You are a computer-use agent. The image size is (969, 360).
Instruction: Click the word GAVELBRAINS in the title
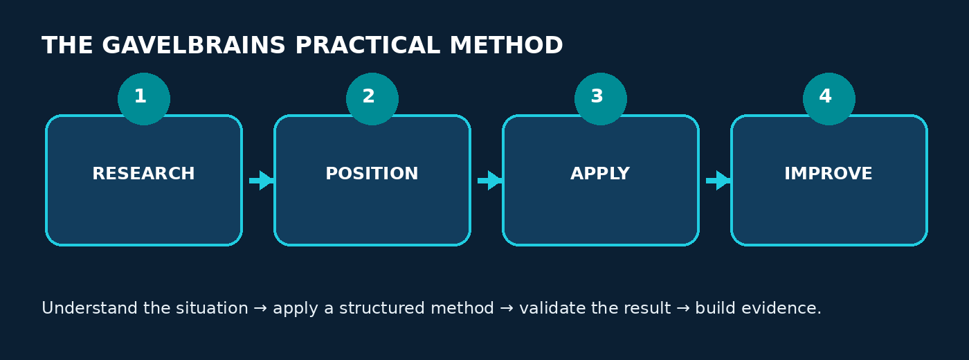193,46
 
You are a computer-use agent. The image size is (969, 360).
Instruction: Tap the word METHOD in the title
506,46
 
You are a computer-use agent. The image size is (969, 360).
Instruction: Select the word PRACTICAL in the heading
368,46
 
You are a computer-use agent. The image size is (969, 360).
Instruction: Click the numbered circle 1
144,99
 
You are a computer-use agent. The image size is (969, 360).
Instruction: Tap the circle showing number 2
372,99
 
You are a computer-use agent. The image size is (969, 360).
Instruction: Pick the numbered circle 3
601,99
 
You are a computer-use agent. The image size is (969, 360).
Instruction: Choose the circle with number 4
829,99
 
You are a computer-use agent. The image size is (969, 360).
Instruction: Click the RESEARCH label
144,174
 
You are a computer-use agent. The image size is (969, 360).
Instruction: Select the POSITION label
372,174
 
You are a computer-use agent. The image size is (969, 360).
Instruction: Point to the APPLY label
601,174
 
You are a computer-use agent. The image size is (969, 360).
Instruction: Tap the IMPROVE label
828,174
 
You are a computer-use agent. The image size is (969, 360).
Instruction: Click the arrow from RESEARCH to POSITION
262,181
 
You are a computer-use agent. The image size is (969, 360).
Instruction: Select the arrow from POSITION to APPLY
490,181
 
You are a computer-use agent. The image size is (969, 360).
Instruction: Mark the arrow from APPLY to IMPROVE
718,181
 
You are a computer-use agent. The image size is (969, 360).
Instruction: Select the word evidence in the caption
781,308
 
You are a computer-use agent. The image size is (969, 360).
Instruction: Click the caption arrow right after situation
260,309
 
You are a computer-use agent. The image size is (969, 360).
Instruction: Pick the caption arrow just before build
683,309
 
